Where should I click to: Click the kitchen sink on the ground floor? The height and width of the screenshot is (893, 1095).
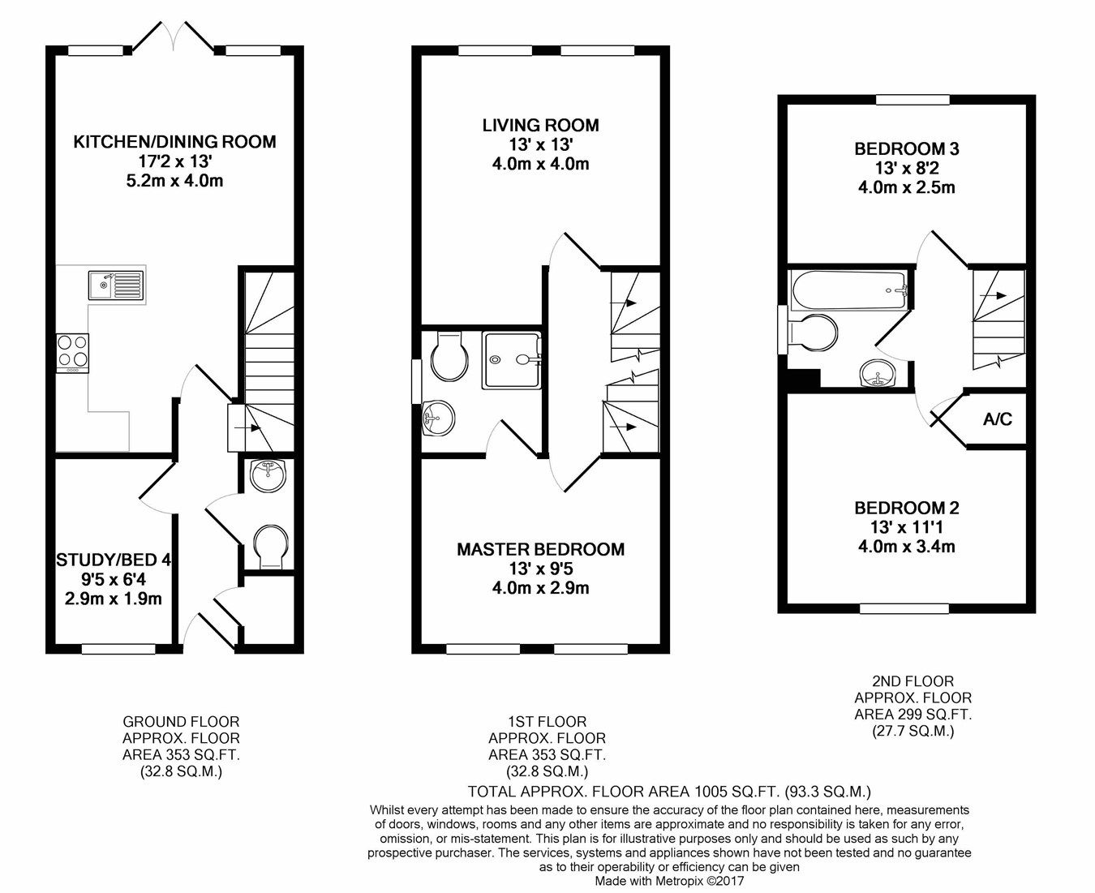pos(116,285)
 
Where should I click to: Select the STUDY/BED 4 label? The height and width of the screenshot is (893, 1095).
pos(113,560)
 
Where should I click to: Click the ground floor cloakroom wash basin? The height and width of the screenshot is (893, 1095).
pos(268,475)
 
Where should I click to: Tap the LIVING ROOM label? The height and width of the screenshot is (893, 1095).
pos(540,125)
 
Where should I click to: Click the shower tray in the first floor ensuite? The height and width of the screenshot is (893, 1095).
pos(512,360)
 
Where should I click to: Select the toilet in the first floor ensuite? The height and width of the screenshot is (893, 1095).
pos(448,357)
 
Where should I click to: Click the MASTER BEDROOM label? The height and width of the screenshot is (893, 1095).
pos(540,549)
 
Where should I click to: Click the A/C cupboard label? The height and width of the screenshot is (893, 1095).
pos(997,419)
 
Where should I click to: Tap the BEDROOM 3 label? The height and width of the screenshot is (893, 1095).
pos(906,149)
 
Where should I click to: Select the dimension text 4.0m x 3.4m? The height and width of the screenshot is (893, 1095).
pos(906,547)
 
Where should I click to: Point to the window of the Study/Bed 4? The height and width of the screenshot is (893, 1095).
pos(118,648)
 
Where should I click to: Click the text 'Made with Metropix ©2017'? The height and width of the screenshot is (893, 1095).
pos(669,880)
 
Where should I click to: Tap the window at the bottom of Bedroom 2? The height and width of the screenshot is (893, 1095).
pos(895,607)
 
